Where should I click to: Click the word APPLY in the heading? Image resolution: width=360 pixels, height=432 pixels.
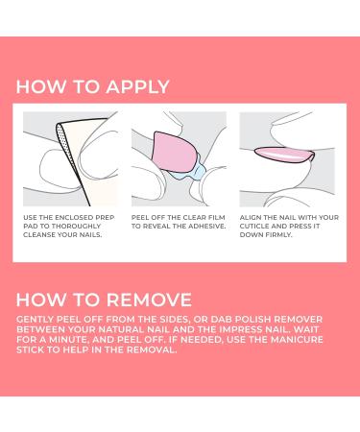[x=137, y=86]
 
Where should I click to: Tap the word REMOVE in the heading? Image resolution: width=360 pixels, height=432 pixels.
[x=149, y=300]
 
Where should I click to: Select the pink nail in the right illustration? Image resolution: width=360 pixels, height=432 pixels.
[x=284, y=155]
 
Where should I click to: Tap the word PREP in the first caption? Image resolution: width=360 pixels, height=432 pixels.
[x=105, y=218]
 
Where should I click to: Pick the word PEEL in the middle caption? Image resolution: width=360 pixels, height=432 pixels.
[x=140, y=218]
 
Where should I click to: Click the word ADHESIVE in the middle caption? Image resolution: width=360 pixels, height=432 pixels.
[x=206, y=227]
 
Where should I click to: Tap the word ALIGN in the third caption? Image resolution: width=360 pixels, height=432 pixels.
[x=250, y=218]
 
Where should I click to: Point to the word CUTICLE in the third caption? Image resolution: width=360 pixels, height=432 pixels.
[x=254, y=227]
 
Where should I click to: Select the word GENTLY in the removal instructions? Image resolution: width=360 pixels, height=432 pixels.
[x=35, y=320]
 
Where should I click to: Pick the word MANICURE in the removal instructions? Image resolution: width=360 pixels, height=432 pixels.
[x=297, y=340]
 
